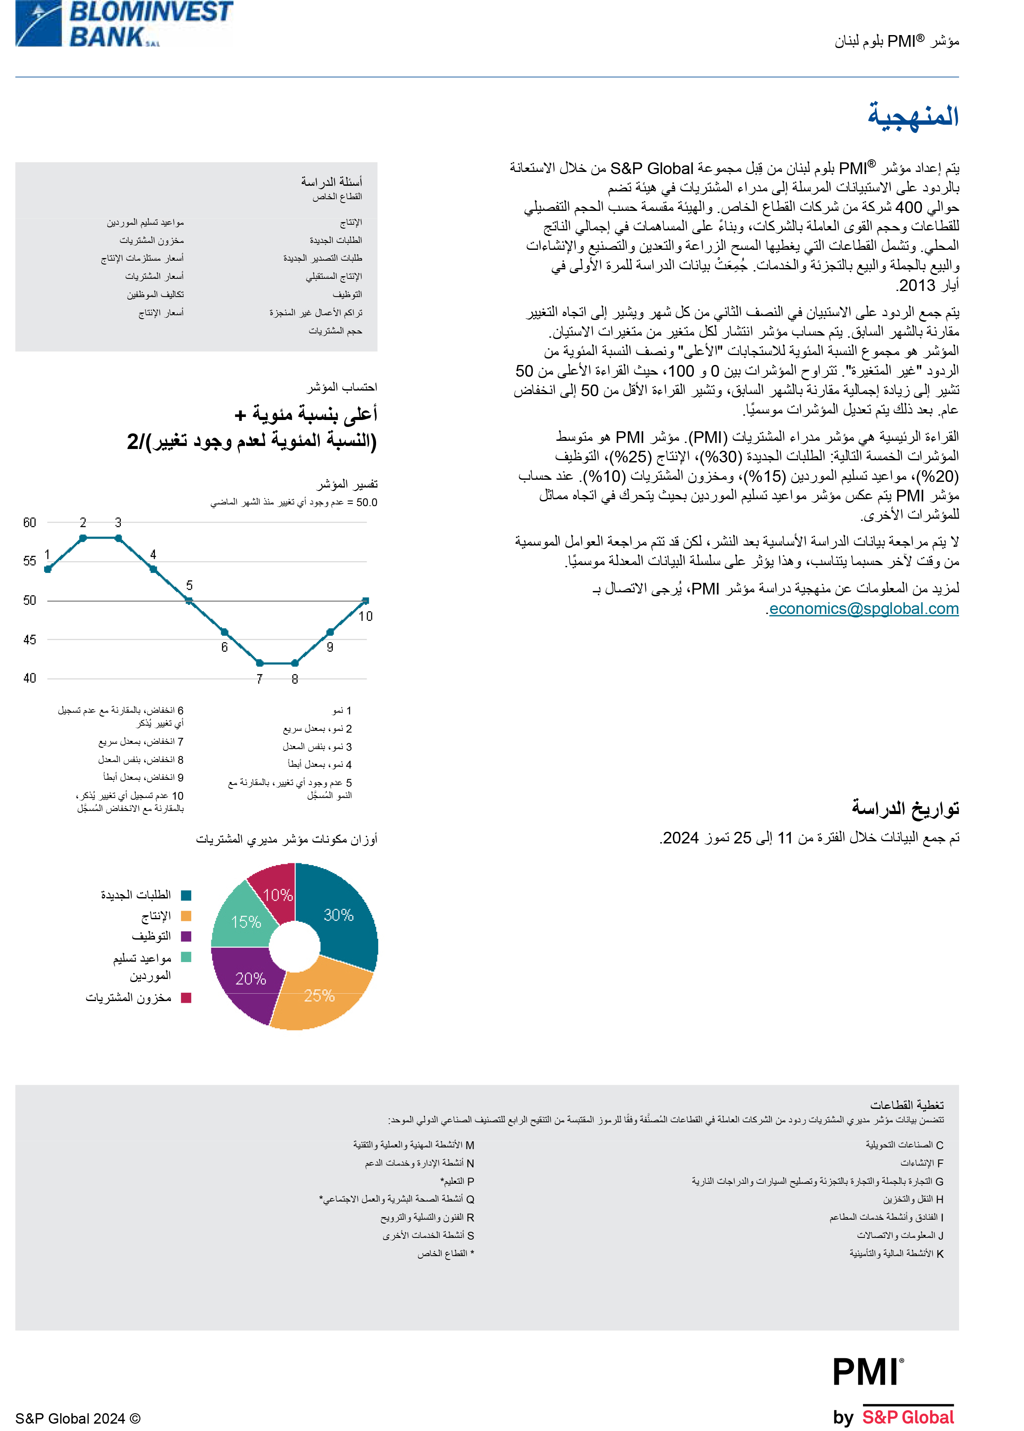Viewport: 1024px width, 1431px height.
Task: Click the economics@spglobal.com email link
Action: click(863, 609)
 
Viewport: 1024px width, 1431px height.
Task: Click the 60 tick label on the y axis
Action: click(29, 522)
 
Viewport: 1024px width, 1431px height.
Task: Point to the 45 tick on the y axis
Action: click(29, 640)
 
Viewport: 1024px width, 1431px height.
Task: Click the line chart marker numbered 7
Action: click(259, 663)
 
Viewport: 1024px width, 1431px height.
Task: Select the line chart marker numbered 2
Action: click(83, 538)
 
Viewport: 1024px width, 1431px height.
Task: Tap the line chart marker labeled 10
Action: click(366, 601)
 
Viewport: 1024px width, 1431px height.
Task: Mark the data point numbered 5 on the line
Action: click(189, 601)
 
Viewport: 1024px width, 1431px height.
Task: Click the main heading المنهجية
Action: click(913, 116)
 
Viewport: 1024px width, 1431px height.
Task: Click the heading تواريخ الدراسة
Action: click(905, 808)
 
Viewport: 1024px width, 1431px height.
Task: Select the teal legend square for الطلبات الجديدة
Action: click(186, 895)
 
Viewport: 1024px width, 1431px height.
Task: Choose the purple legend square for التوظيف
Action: click(186, 936)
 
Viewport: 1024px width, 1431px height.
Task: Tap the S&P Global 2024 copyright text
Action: click(77, 1418)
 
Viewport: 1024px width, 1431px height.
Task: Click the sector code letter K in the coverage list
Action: click(940, 1254)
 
